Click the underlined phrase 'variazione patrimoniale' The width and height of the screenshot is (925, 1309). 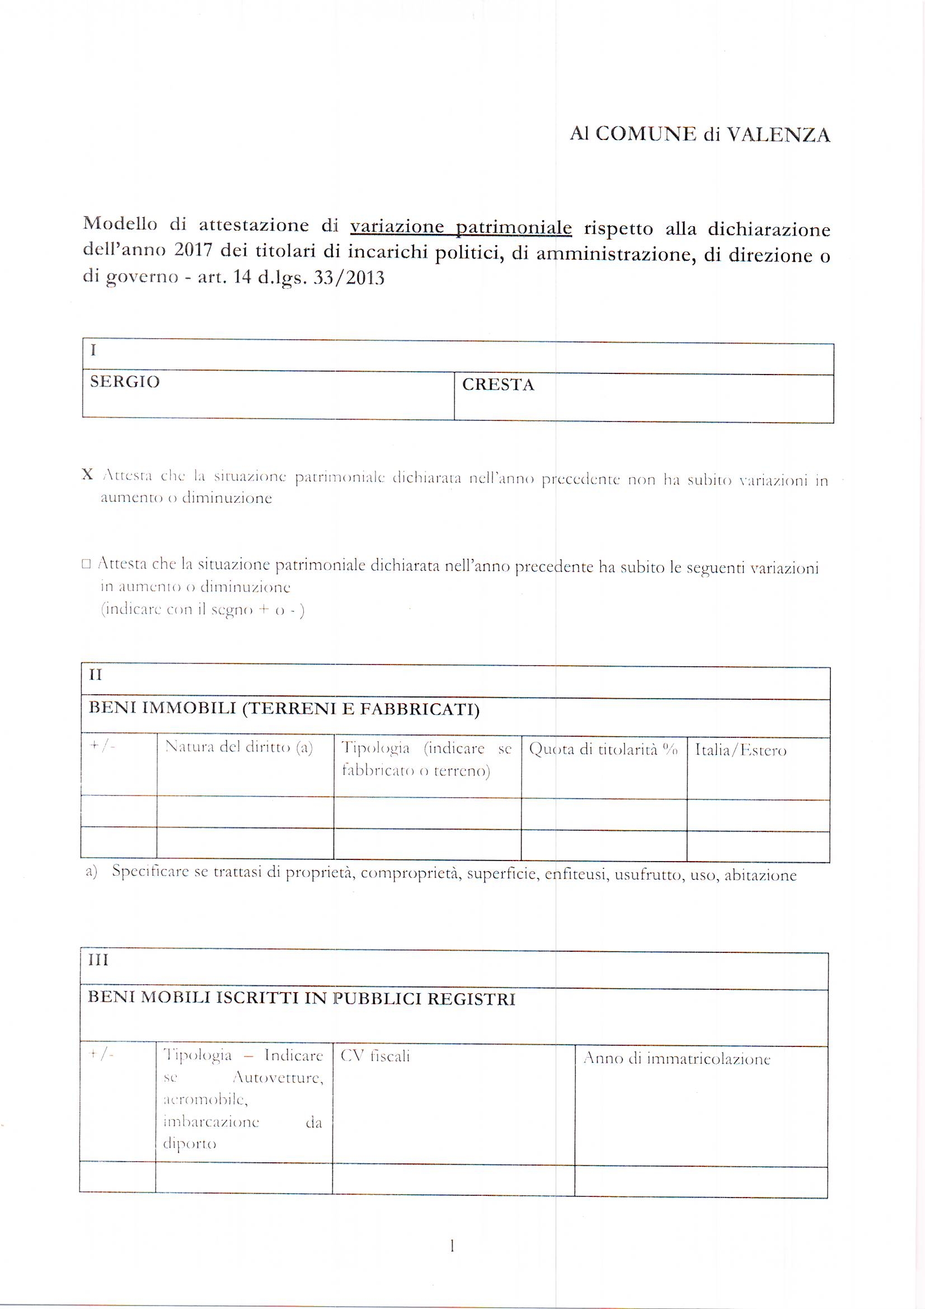click(x=461, y=227)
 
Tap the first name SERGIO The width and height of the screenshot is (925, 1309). click(x=125, y=381)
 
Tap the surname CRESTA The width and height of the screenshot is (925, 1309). click(x=498, y=385)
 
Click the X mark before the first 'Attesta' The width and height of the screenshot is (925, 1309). click(x=87, y=474)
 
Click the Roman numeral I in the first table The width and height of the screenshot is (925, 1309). click(x=93, y=350)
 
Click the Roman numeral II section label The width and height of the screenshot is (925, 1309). click(x=95, y=675)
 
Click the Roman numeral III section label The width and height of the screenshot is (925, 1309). click(x=98, y=961)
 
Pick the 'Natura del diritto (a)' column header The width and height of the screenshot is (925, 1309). click(x=239, y=747)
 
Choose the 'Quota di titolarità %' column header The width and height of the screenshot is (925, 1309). click(x=603, y=750)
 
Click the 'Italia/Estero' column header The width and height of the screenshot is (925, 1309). click(x=740, y=750)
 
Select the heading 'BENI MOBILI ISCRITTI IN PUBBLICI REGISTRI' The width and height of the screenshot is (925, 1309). click(x=302, y=999)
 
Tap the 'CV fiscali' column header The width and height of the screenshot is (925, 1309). click(x=375, y=1056)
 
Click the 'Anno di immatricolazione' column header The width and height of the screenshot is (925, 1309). click(x=677, y=1059)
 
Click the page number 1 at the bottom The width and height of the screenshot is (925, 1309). click(x=452, y=1246)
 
